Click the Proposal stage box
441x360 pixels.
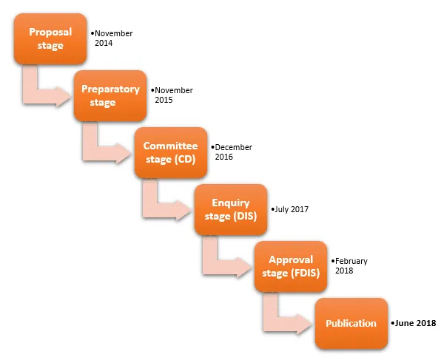[x=50, y=38]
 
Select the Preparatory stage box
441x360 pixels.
[x=110, y=96]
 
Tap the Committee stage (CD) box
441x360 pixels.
[x=171, y=152]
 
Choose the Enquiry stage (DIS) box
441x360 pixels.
[x=231, y=210]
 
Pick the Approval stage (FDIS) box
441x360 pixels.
[x=291, y=266]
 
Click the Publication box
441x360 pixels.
[x=351, y=324]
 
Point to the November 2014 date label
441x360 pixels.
[x=112, y=38]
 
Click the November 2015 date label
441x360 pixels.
[x=172, y=95]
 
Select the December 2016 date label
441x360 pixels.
[x=232, y=152]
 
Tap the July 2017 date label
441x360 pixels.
[x=290, y=209]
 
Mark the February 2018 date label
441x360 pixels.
[x=349, y=266]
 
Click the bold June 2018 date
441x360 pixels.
[x=414, y=323]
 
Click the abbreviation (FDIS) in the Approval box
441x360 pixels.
[x=305, y=274]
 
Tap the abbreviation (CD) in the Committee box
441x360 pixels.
[x=185, y=160]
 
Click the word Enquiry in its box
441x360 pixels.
[x=231, y=203]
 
